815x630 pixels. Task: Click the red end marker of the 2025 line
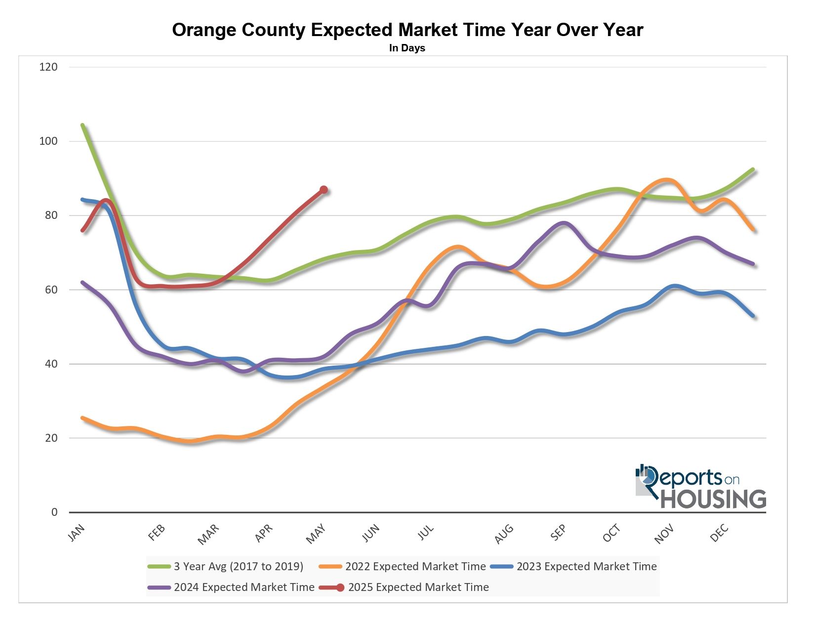pyautogui.click(x=324, y=190)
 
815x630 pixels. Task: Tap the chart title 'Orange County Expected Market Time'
pyautogui.click(x=407, y=30)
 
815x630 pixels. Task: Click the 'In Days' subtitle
pyautogui.click(x=407, y=48)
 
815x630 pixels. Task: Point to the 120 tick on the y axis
pyautogui.click(x=48, y=67)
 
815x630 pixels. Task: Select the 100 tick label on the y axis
pyautogui.click(x=48, y=141)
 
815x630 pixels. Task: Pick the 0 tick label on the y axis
pyautogui.click(x=54, y=512)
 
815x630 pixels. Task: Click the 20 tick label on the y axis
pyautogui.click(x=51, y=438)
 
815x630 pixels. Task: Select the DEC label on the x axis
pyautogui.click(x=719, y=533)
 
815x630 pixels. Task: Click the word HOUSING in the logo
pyautogui.click(x=713, y=499)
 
